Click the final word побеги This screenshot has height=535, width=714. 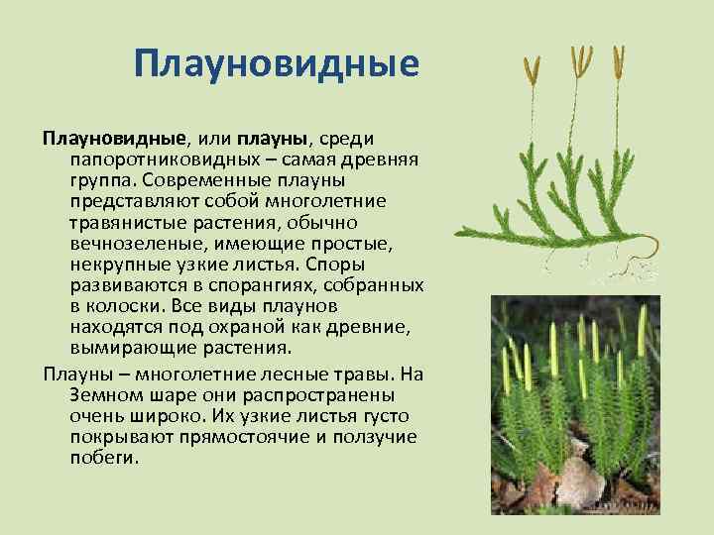tap(103, 457)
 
